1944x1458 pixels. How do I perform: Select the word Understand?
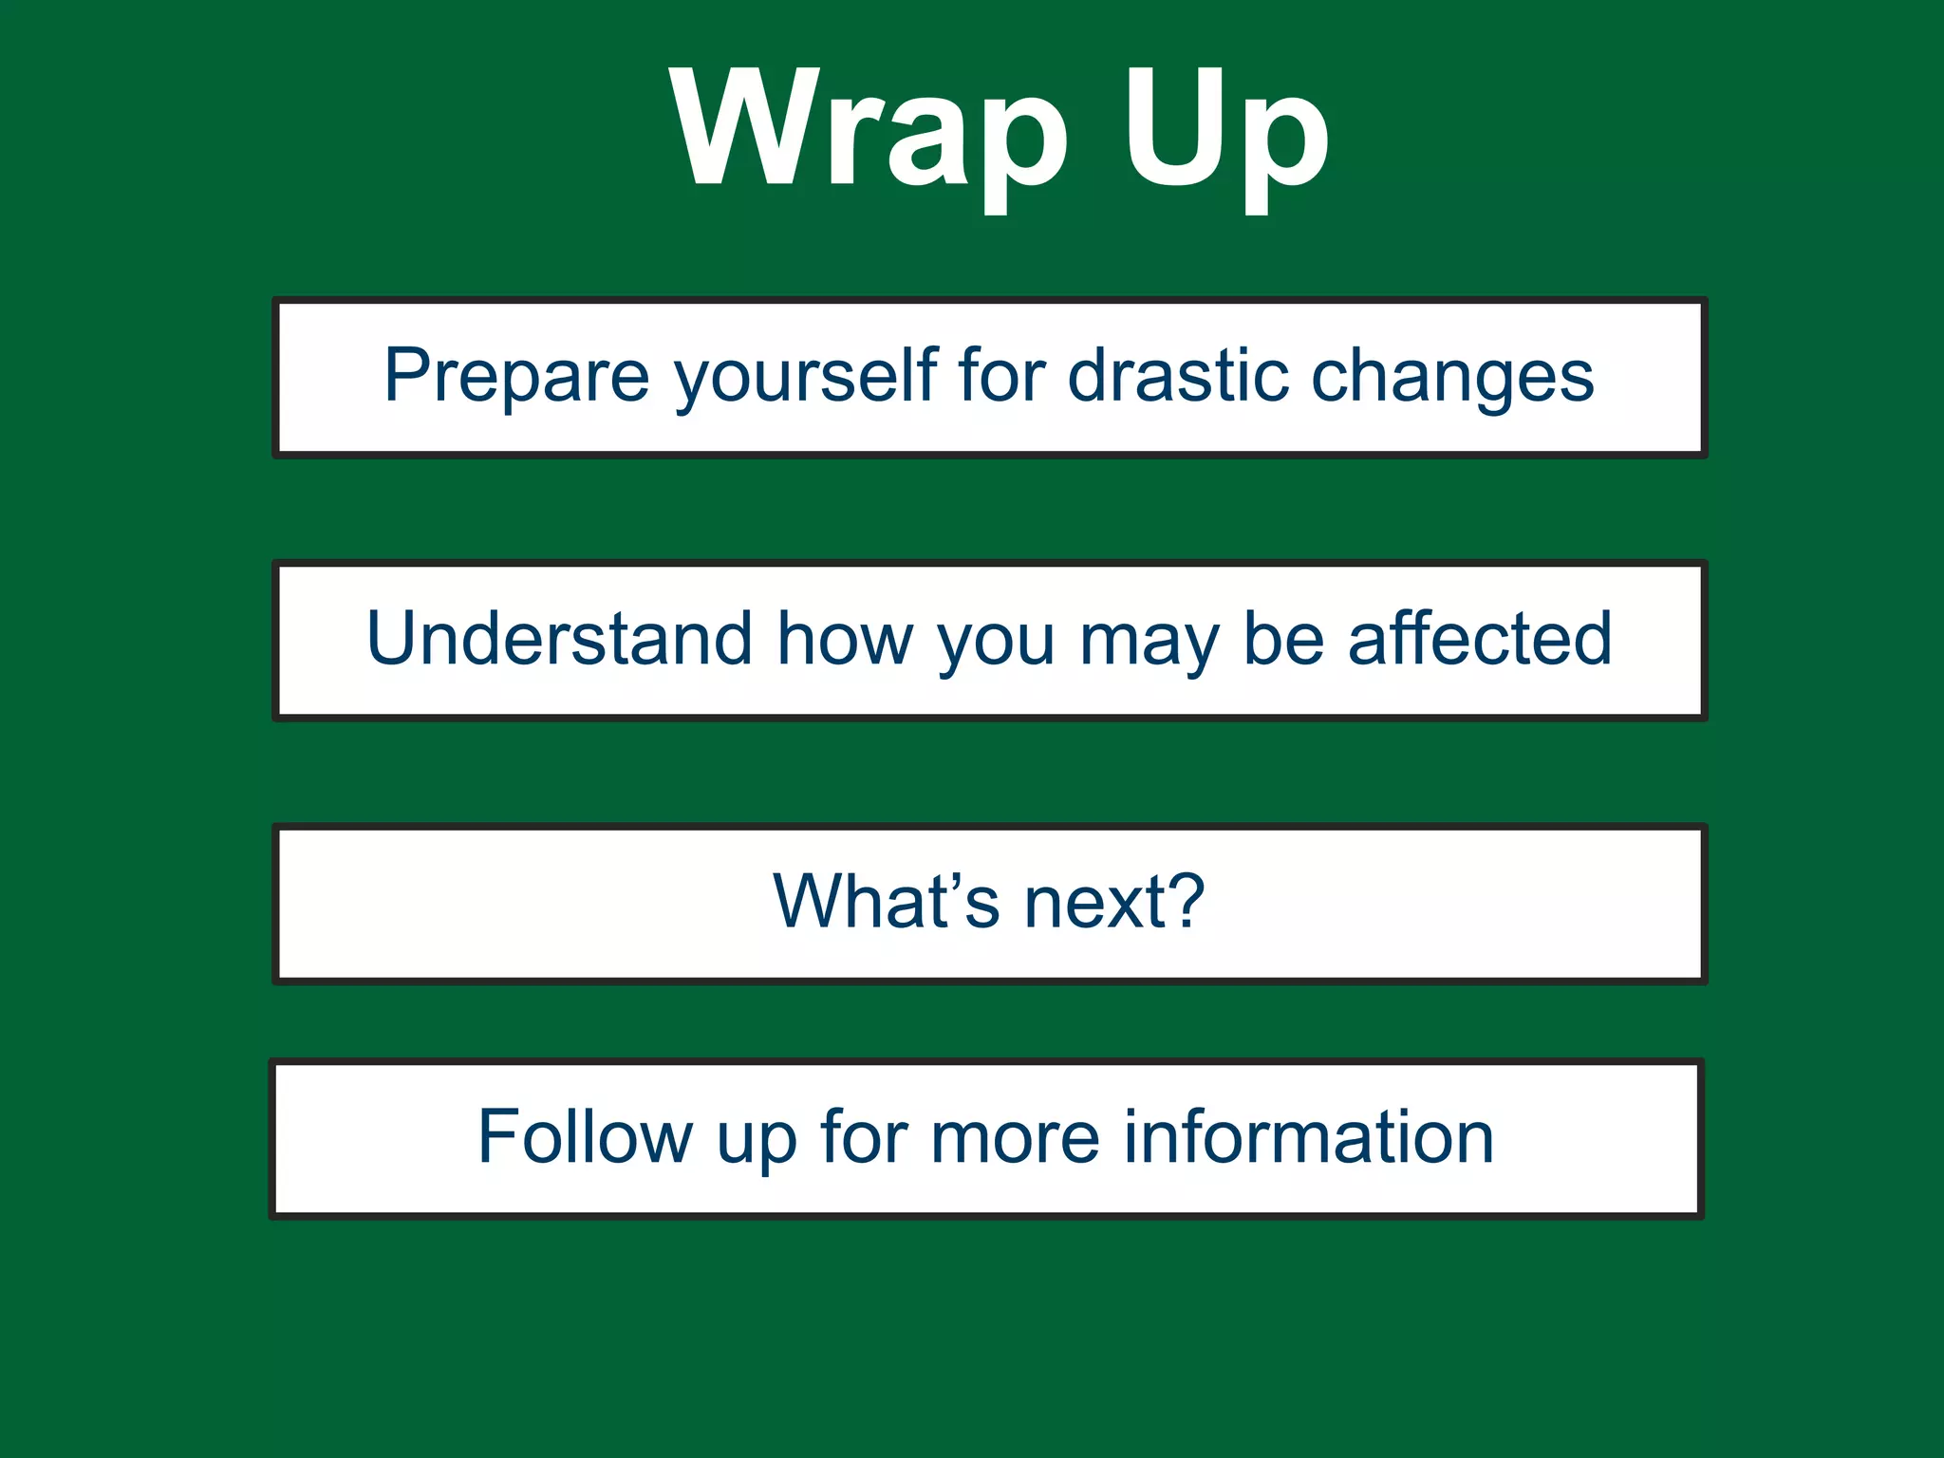pos(560,639)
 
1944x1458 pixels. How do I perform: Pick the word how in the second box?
pos(845,639)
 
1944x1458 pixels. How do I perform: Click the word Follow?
pos(585,1136)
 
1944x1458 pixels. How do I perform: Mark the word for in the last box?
pos(864,1136)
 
